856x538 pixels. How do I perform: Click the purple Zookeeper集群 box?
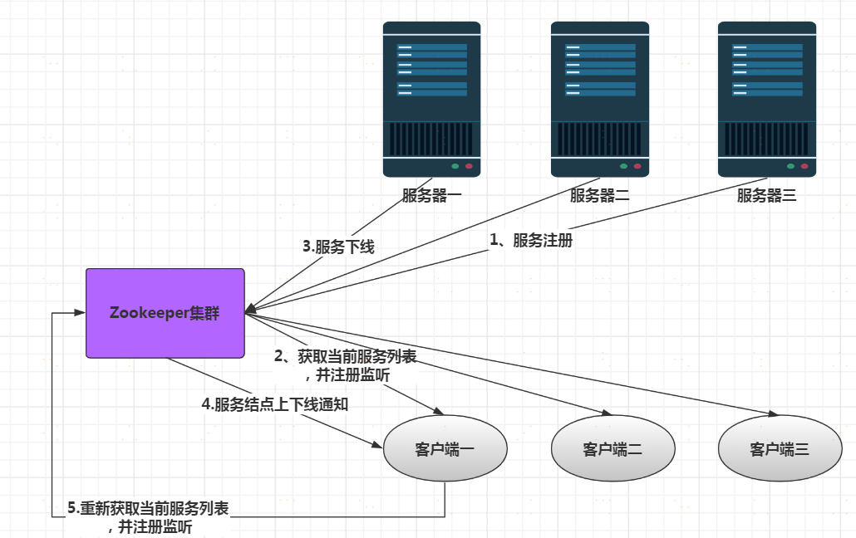point(165,313)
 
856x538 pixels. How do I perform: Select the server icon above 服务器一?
point(431,99)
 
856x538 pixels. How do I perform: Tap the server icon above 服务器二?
point(600,99)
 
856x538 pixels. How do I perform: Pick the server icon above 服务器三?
point(767,99)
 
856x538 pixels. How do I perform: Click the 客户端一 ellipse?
point(445,449)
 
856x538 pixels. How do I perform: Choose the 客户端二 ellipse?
point(612,449)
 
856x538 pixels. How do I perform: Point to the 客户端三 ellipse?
point(780,449)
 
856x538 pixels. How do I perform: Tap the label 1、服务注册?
point(531,240)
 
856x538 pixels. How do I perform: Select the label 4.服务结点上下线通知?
point(274,405)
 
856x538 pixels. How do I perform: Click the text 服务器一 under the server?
point(431,197)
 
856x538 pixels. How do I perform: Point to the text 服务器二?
point(600,197)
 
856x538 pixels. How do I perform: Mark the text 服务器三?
point(767,197)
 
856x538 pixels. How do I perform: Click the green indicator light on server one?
point(455,166)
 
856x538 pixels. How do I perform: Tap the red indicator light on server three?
point(804,166)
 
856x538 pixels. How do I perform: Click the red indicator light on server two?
point(637,166)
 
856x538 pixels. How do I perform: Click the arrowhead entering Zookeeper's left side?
point(81,313)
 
